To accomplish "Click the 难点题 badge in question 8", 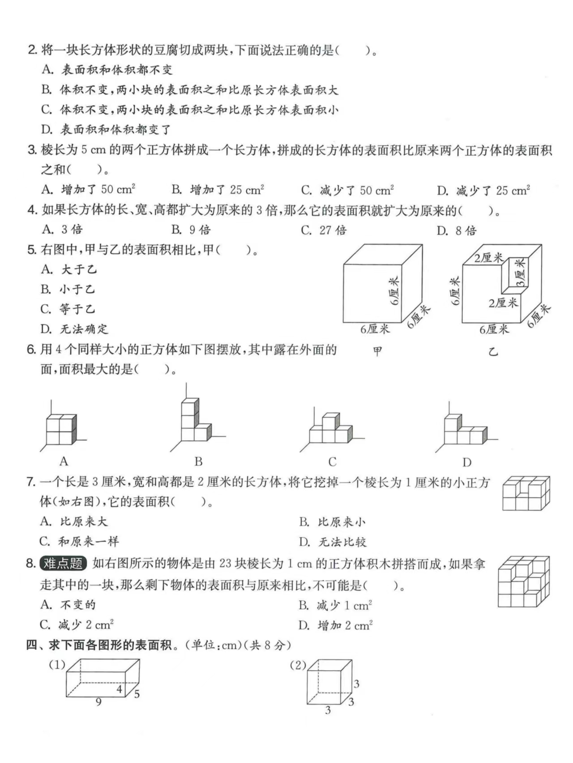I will coord(63,563).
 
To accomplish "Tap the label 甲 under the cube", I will coord(377,351).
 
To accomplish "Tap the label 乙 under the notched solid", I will coord(493,352).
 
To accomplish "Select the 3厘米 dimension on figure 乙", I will coord(520,273).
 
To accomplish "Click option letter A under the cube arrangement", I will coord(64,461).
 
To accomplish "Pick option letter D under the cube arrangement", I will coord(466,462).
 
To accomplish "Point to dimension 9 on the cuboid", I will coord(98,702).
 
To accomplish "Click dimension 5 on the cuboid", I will coord(137,694).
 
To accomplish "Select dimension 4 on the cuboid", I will coord(119,689).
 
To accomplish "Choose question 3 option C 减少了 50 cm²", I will coord(347,190).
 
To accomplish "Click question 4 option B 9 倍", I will coord(191,230).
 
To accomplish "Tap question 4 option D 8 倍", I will coord(457,230).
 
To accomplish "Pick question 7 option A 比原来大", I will coord(74,521).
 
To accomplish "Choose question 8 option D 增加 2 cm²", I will coord(336,625).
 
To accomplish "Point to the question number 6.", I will coord(31,350).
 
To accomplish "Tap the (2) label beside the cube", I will coord(298,665).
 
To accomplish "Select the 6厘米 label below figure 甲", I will coord(375,329).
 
